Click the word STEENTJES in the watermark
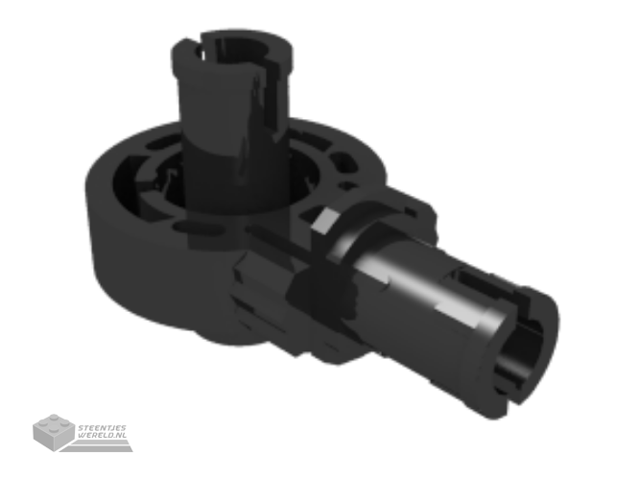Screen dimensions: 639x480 click(x=102, y=428)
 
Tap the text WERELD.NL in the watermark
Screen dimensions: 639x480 click(x=103, y=435)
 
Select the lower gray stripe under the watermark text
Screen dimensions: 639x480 click(x=97, y=448)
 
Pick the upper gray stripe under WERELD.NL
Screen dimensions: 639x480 click(x=102, y=442)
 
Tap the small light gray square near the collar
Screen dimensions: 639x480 click(x=324, y=221)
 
